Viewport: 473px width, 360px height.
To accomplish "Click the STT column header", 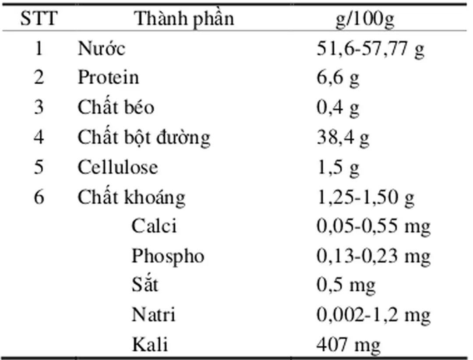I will [x=39, y=19].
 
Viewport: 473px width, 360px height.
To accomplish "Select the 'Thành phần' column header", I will [x=184, y=19].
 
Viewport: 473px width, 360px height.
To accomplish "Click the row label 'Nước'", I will [x=101, y=48].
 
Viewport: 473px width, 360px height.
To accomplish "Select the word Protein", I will [x=108, y=78].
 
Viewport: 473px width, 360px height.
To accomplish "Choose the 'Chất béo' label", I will [x=116, y=107].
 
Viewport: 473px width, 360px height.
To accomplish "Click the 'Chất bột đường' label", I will [x=144, y=137].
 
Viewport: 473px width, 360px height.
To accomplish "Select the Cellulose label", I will [x=117, y=167].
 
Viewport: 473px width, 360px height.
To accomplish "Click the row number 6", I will [x=39, y=197].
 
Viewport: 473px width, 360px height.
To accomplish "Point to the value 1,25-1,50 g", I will [x=365, y=198].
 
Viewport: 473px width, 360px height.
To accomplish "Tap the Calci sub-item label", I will [x=154, y=226].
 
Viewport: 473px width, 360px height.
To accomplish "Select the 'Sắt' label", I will [x=145, y=285].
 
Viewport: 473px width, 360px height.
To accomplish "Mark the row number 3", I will [x=39, y=107].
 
